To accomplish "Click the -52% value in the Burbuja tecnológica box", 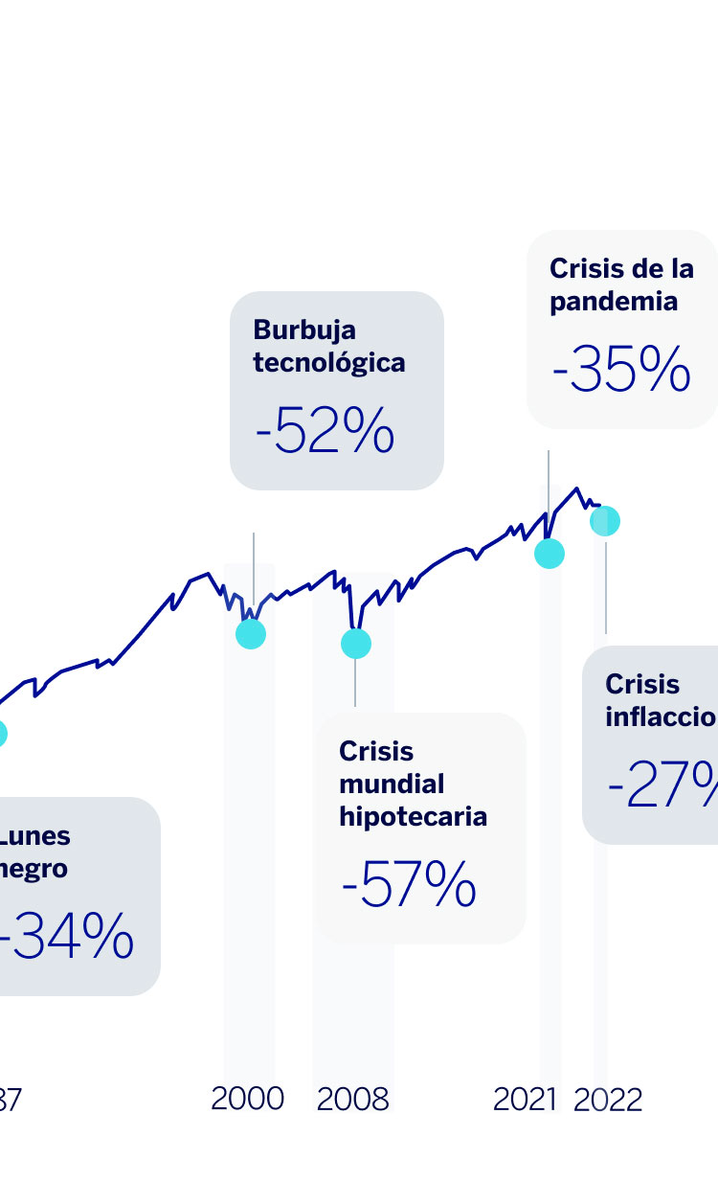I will coord(325,434).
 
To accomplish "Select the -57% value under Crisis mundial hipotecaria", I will coord(409,887).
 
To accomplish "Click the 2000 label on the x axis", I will coord(248,1099).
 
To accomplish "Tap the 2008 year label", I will coord(353,1100).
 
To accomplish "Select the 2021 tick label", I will coord(525,1100).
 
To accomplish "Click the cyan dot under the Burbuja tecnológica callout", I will coord(251,633).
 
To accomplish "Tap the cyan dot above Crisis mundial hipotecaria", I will coord(355,644).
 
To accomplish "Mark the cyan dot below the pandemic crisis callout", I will coord(550,554).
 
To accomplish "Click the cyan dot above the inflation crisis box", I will coord(605,521).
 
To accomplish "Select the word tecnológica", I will coord(329,363).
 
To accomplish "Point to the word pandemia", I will coord(614,302).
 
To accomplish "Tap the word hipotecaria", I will coord(414,816).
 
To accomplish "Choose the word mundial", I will coord(392,784).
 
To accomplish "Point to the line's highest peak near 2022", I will coord(577,489).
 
